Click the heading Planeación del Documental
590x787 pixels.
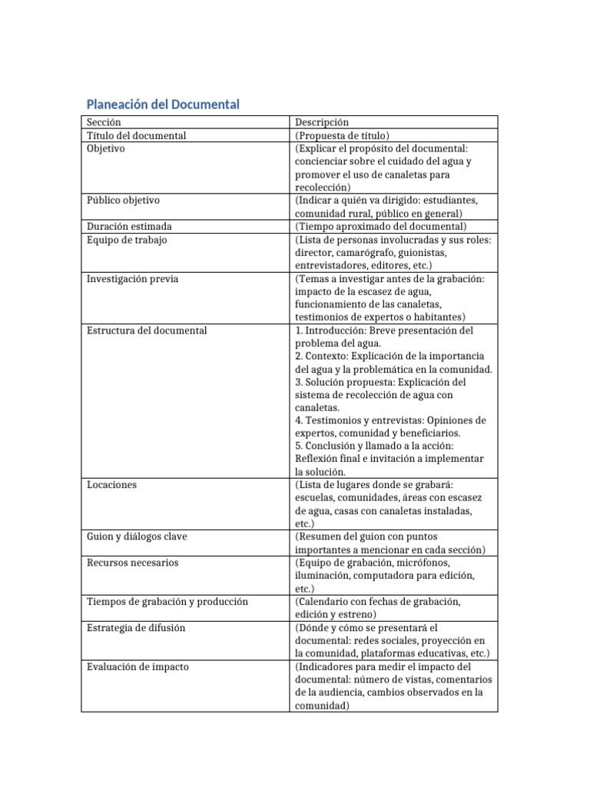point(163,104)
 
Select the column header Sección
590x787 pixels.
point(104,122)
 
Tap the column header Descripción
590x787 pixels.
point(321,122)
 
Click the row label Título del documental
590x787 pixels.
point(136,135)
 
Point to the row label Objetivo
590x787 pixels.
point(106,148)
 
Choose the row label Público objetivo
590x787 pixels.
point(123,200)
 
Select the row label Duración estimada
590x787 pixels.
point(129,226)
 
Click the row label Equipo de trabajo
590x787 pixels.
point(127,239)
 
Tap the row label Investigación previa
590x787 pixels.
point(132,278)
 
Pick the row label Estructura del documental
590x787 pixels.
point(147,330)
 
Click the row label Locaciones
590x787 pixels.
point(111,485)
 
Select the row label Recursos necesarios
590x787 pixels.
point(132,563)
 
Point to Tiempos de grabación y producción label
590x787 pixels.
point(167,601)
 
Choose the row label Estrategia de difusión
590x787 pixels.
point(136,627)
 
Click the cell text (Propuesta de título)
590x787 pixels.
point(342,135)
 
